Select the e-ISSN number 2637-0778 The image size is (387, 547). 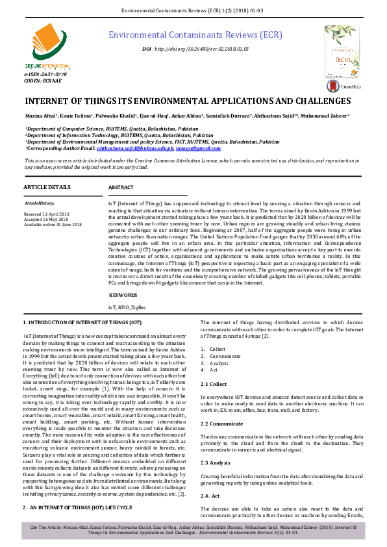[45, 75]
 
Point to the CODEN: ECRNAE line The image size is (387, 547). [42, 81]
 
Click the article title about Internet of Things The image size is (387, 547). [178, 101]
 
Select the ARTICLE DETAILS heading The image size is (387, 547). [47, 187]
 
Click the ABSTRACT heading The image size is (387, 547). [121, 187]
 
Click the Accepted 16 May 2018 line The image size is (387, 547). [48, 219]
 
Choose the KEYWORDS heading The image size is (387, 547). [123, 295]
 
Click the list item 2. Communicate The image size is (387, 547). [225, 356]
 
